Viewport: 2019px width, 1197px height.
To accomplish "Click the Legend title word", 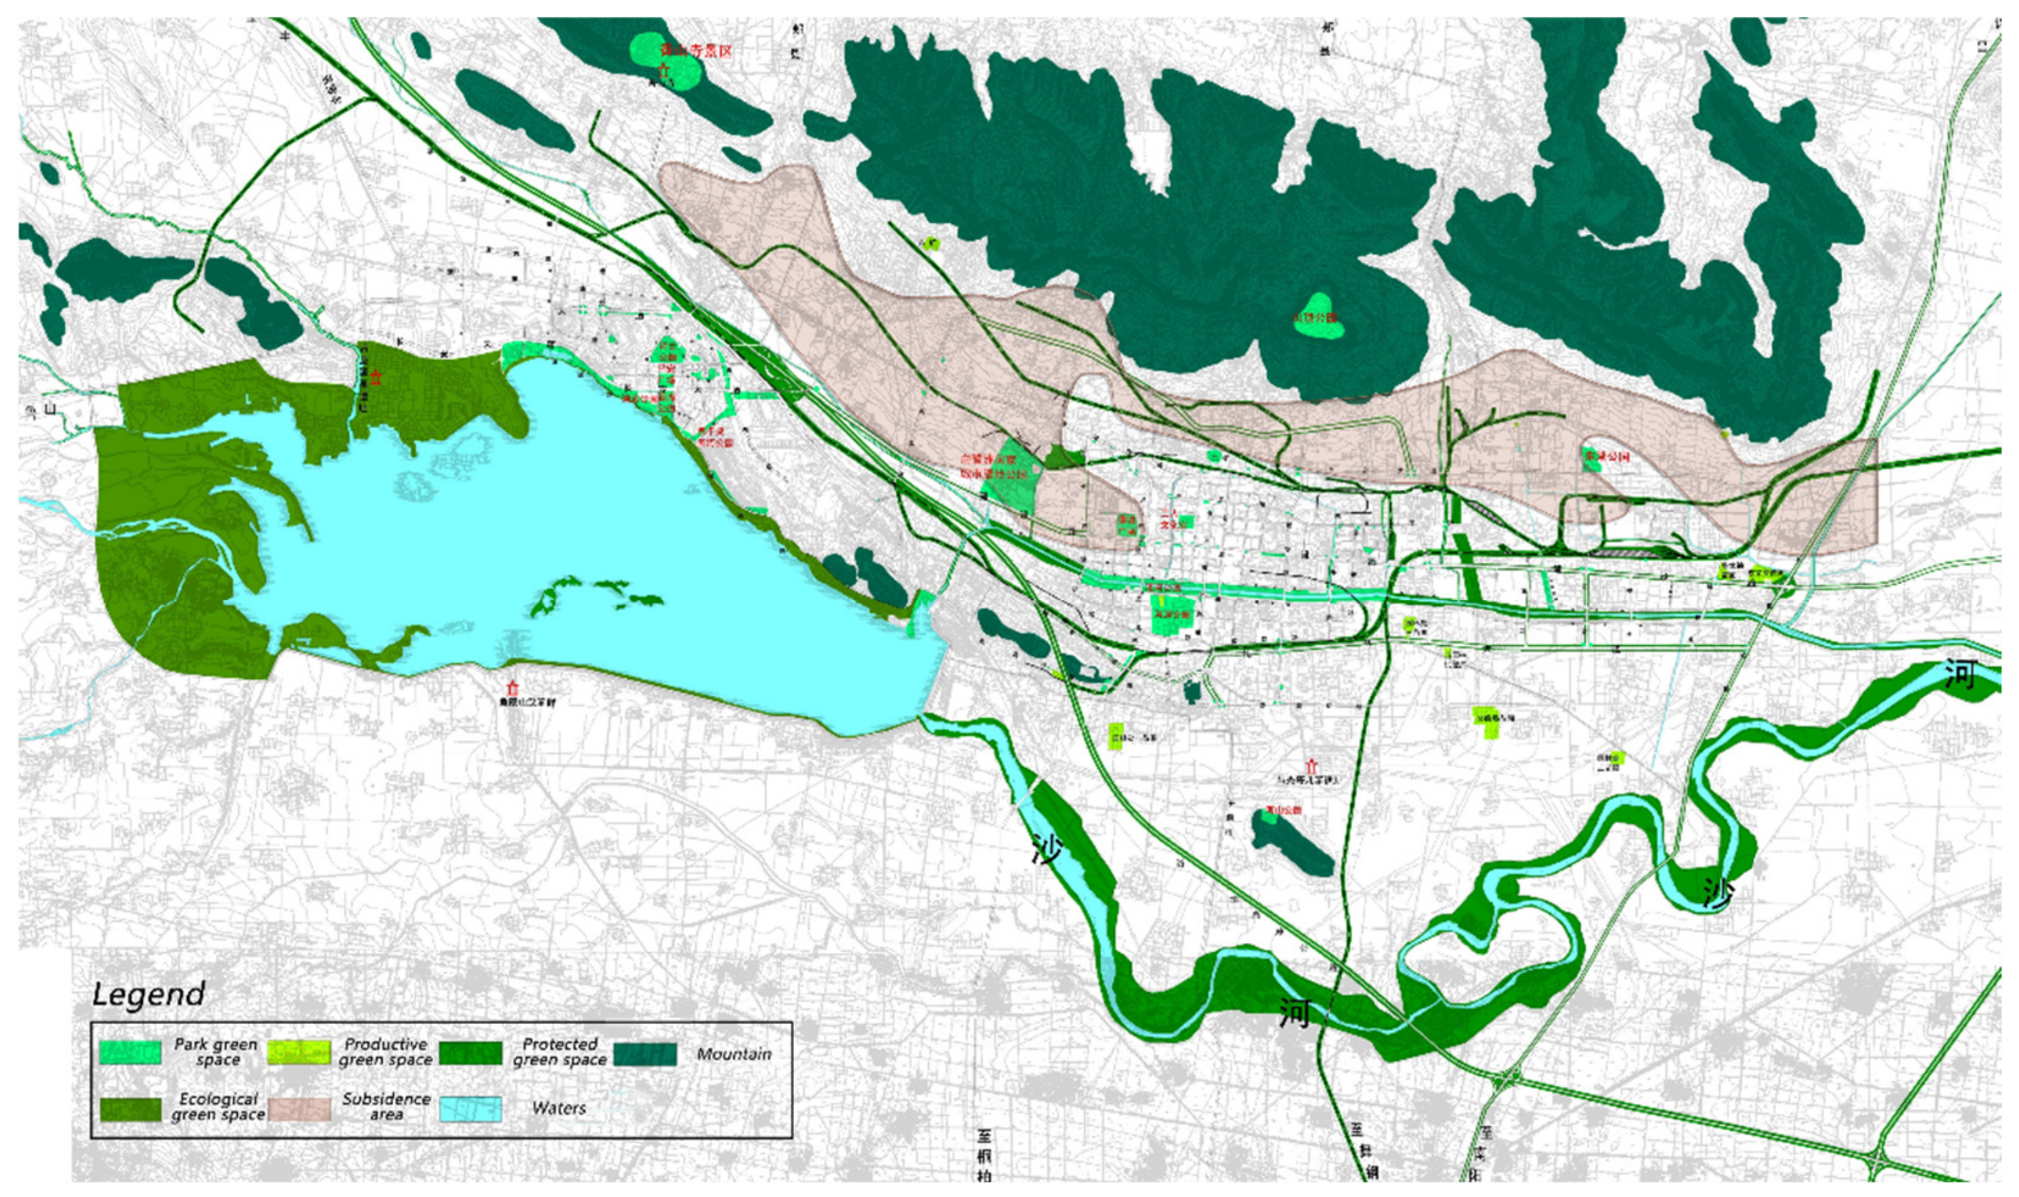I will pyautogui.click(x=148, y=994).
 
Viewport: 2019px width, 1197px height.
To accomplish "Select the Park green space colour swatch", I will pyautogui.click(x=130, y=1052).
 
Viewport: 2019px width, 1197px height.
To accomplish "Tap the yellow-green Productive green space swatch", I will pyautogui.click(x=299, y=1052).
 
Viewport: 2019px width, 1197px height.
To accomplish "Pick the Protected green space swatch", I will pyautogui.click(x=470, y=1052).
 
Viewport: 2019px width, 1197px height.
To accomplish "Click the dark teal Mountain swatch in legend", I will pyautogui.click(x=644, y=1053).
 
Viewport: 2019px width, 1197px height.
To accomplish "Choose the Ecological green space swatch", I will pyautogui.click(x=130, y=1108).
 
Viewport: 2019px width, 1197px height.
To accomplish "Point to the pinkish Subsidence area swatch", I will pyautogui.click(x=299, y=1108).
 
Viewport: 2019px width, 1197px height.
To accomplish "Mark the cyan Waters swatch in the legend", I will pyautogui.click(x=470, y=1108).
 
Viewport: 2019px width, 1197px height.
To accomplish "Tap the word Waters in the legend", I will pyautogui.click(x=558, y=1108).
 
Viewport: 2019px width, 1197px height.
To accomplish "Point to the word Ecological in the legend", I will pyautogui.click(x=218, y=1099).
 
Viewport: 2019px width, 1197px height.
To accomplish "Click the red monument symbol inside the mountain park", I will pyautogui.click(x=665, y=71).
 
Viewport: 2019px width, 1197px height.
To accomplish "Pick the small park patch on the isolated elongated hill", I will pyautogui.click(x=1269, y=817).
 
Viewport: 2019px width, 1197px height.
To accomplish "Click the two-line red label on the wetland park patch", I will pyautogui.click(x=992, y=466).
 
